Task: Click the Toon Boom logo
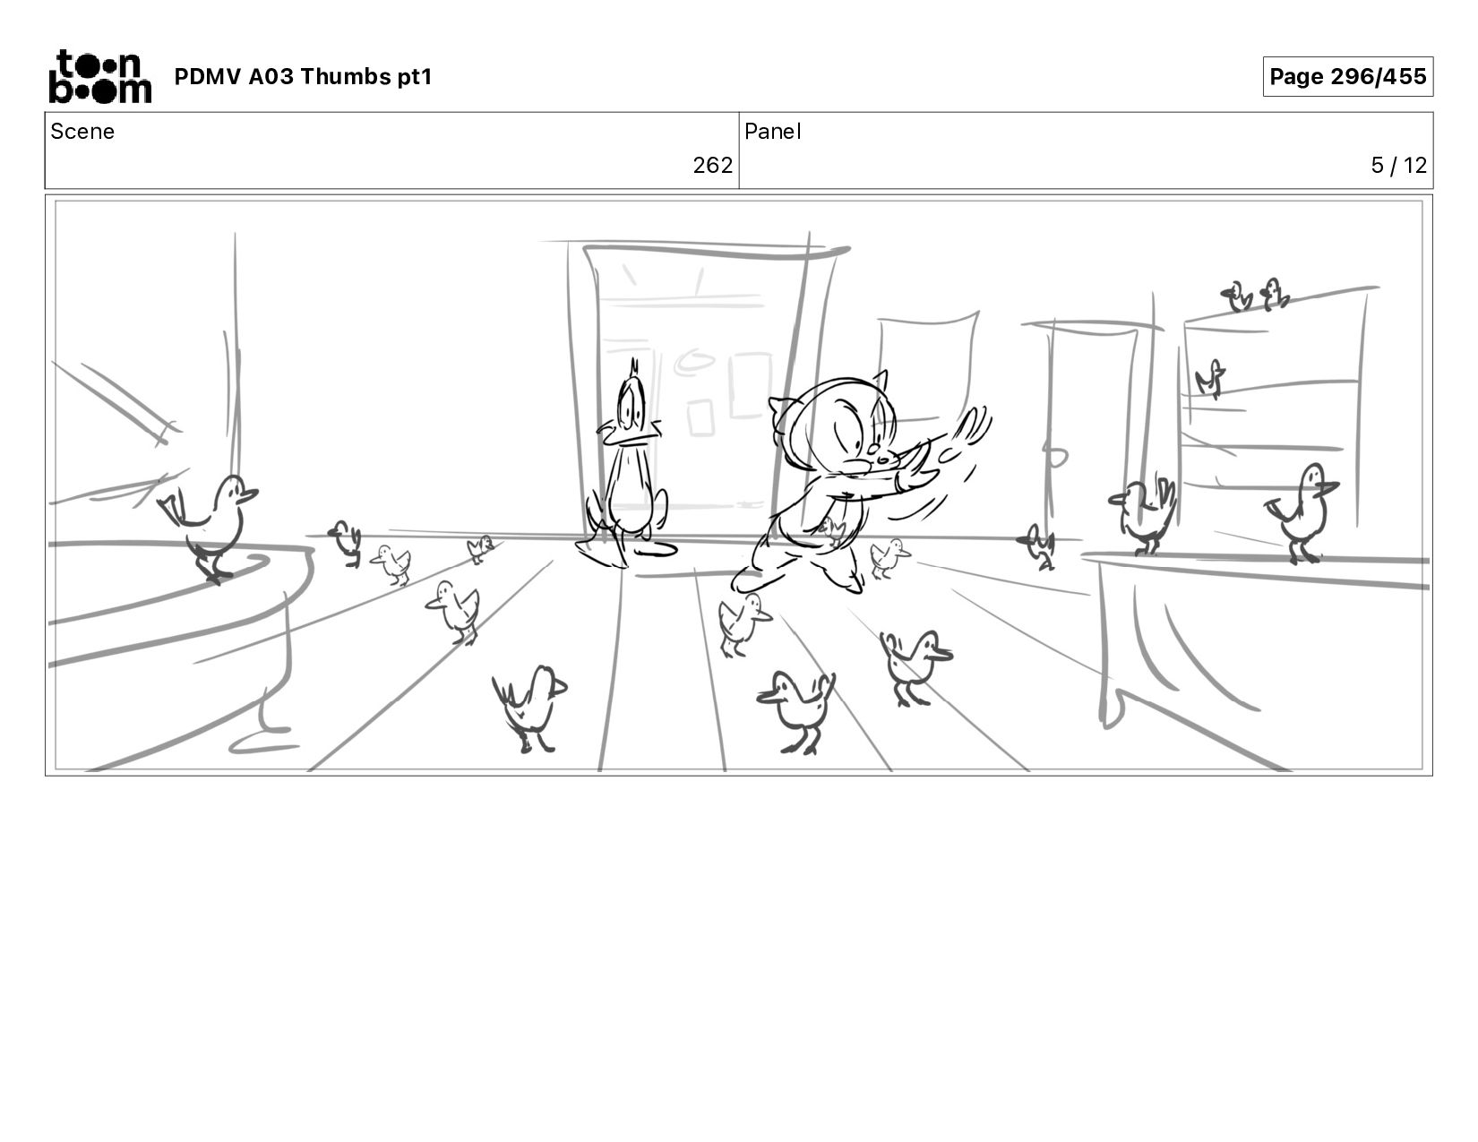100,76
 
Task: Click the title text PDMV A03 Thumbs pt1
304,76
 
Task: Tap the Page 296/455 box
1347,76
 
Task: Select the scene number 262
712,166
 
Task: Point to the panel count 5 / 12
1398,166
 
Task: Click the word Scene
82,132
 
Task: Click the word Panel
773,132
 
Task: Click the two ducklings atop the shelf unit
1256,296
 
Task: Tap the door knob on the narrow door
1055,457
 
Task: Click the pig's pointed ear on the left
781,410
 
